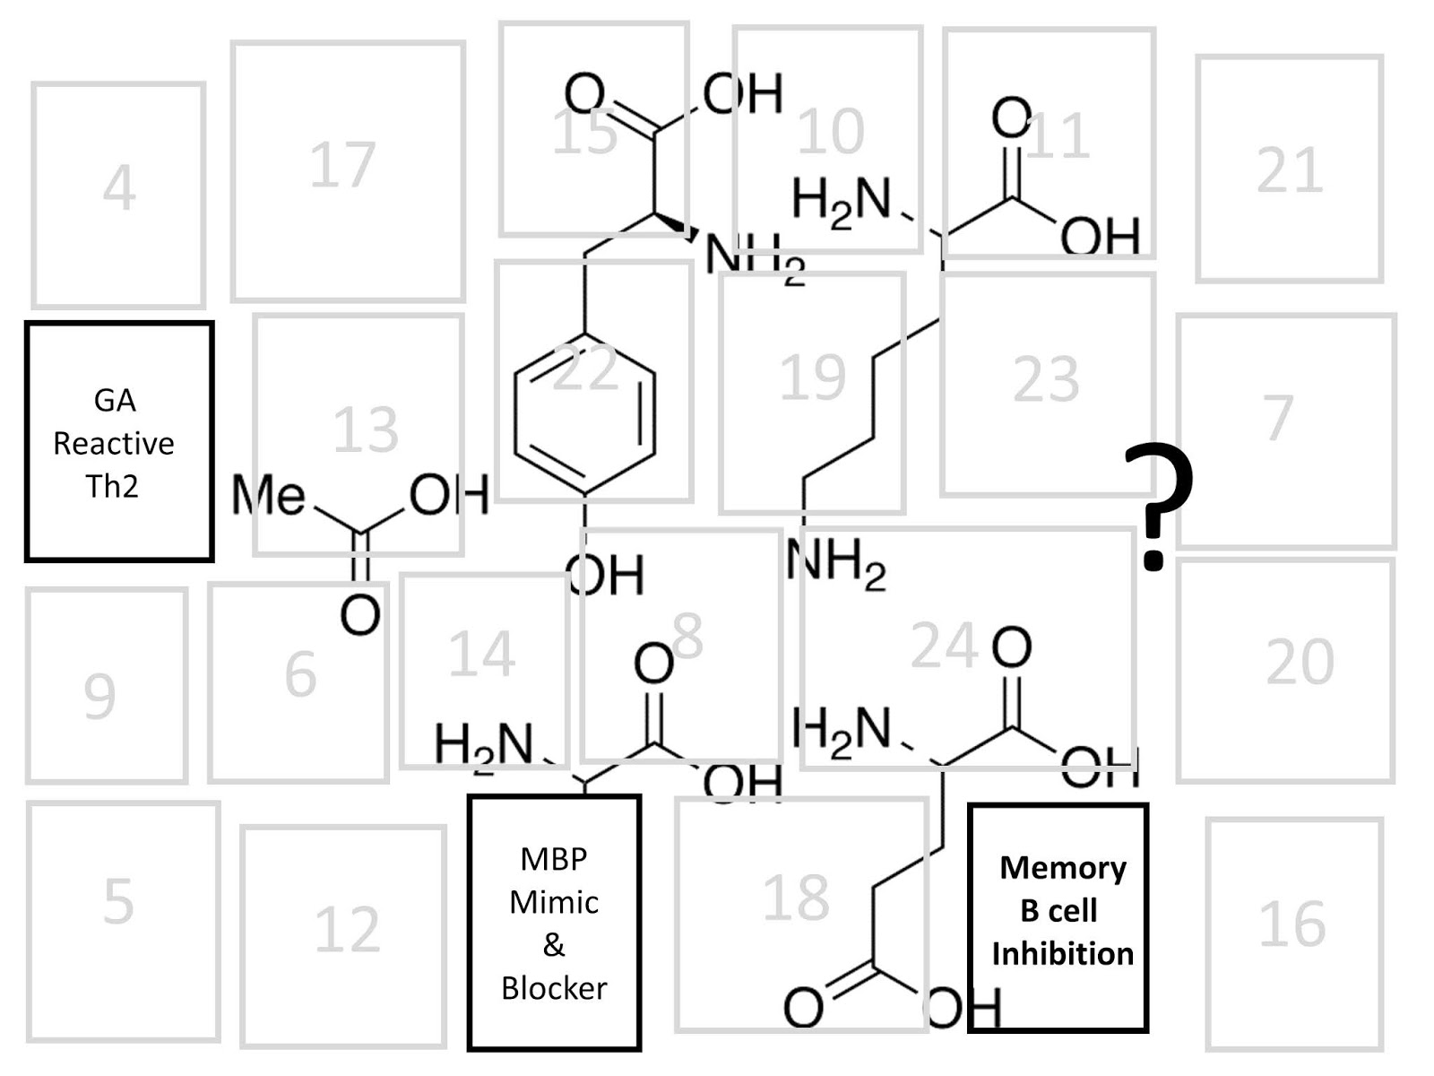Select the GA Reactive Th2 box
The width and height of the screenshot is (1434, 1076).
(x=118, y=441)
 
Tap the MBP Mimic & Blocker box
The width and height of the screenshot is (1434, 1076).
(x=554, y=922)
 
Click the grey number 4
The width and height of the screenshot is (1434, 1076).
(x=119, y=189)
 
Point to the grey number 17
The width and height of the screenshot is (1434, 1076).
(x=342, y=165)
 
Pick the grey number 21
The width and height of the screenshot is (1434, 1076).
(x=1289, y=170)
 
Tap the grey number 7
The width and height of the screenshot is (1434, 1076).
(x=1279, y=417)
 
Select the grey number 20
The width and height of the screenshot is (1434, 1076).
(x=1300, y=663)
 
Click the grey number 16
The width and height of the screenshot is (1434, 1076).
(x=1291, y=924)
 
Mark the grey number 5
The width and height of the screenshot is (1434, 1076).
(x=118, y=901)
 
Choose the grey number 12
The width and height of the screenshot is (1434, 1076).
(x=347, y=930)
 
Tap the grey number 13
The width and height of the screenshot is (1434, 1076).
(x=365, y=430)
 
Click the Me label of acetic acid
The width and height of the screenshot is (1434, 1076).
(x=268, y=495)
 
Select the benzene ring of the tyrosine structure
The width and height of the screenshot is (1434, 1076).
(x=584, y=414)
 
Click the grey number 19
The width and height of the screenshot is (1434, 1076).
(x=812, y=377)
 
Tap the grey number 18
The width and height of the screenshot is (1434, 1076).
(x=796, y=898)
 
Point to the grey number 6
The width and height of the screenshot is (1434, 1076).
(x=300, y=674)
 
